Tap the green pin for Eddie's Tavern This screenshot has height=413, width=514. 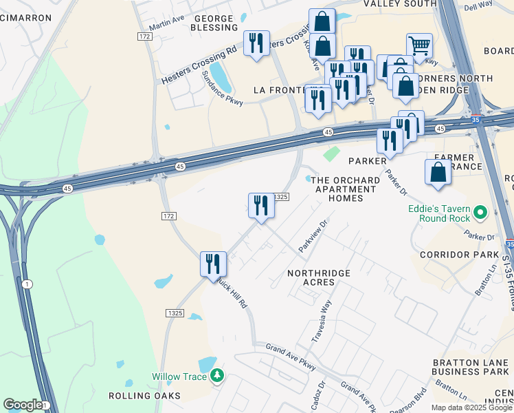click(x=480, y=214)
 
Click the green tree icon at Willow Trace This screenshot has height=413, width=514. click(x=218, y=376)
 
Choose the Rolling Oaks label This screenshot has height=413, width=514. click(x=144, y=396)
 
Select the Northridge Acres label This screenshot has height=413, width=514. click(x=319, y=278)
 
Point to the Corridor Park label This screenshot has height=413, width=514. click(x=459, y=255)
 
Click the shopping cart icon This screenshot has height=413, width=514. click(x=419, y=46)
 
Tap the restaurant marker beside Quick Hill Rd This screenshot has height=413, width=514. click(x=213, y=264)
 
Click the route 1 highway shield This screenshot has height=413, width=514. click(x=27, y=284)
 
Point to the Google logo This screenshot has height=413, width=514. click(x=22, y=405)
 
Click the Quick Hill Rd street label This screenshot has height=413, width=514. click(x=234, y=295)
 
